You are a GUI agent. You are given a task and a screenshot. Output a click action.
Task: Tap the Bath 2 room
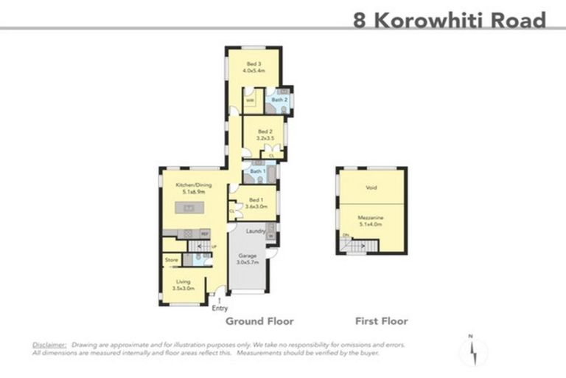pos(278,99)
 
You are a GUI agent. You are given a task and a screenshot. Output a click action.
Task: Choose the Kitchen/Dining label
pos(189,189)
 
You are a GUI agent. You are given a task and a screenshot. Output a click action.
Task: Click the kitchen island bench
pos(189,209)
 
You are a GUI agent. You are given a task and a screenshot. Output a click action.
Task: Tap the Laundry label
pos(256,231)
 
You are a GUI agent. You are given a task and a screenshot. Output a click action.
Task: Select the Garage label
pos(248,259)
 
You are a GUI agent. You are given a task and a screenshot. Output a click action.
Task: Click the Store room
pos(172,260)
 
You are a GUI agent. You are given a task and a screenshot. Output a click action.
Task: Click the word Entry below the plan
pos(220,308)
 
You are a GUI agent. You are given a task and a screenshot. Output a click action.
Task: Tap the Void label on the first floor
pos(371,188)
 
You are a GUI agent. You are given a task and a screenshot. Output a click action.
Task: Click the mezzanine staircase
pos(357,245)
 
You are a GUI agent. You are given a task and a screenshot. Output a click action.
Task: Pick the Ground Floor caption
pos(259,321)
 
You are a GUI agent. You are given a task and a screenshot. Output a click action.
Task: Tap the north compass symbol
pos(472,351)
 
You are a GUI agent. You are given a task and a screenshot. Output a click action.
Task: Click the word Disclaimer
pos(49,345)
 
